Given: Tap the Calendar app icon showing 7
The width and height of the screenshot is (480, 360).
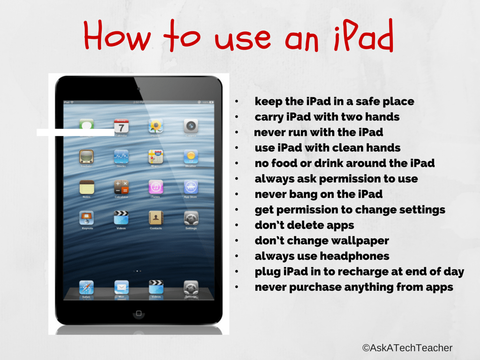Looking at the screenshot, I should click(121, 127).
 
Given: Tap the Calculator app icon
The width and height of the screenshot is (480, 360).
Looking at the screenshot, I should click(121, 187).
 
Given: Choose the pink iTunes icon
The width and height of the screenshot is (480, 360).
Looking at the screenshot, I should click(156, 187).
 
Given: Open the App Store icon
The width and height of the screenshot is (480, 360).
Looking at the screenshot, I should click(191, 187).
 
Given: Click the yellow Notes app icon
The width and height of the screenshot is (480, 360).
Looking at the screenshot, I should click(87, 187).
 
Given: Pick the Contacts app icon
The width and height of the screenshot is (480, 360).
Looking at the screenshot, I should click(156, 218).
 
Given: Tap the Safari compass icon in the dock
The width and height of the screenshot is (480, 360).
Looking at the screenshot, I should click(87, 287).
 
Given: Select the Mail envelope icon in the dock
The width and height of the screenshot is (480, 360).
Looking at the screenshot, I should click(121, 287).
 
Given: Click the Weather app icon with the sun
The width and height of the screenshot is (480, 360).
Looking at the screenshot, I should click(191, 157).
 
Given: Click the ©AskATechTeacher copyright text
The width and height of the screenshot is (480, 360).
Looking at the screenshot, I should click(407, 348).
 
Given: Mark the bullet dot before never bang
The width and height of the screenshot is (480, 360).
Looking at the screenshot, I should click(238, 195).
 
